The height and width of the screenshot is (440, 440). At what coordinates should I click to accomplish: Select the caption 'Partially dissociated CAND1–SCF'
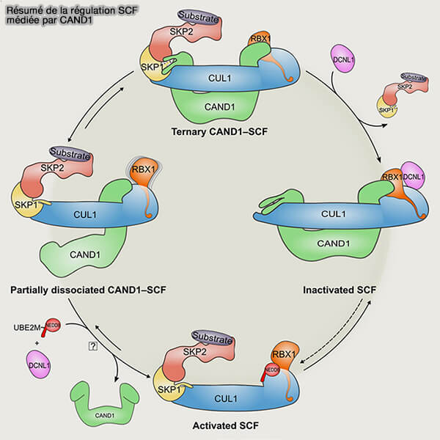pos(88,290)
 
